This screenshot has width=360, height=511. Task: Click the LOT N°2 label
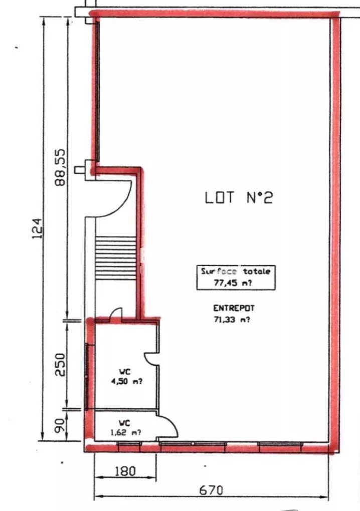click(238, 197)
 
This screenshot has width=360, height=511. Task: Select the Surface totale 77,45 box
click(236, 278)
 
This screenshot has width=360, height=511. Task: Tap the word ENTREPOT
click(234, 308)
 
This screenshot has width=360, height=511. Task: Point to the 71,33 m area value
click(232, 320)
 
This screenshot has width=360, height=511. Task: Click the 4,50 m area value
click(126, 381)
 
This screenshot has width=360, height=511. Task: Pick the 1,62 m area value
click(126, 433)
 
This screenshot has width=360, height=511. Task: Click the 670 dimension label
click(211, 490)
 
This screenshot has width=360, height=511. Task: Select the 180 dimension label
click(125, 471)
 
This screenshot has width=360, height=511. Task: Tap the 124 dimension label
click(37, 228)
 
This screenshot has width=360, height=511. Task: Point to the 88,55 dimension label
click(60, 167)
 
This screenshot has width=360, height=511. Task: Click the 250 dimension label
click(60, 364)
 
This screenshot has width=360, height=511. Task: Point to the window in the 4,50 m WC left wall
click(87, 376)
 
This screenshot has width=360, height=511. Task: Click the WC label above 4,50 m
click(125, 372)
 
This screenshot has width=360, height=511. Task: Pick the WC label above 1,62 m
click(124, 423)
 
